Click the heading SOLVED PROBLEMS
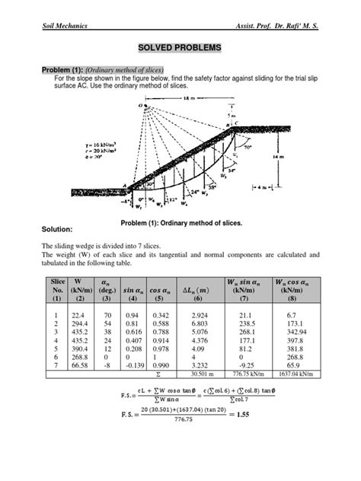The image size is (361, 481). [180, 48]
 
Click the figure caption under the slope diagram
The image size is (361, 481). [180, 220]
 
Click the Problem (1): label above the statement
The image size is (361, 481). [63, 68]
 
